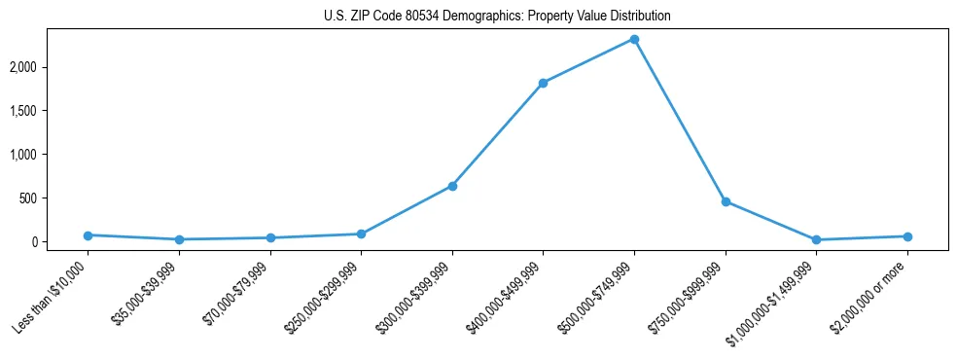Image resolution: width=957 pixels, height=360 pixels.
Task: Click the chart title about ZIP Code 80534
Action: click(x=497, y=17)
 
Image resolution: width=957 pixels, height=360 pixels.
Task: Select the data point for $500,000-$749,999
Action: click(x=634, y=39)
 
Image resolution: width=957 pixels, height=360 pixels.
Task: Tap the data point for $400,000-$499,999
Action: click(x=543, y=83)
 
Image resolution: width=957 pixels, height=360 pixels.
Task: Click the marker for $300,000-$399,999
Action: click(x=452, y=186)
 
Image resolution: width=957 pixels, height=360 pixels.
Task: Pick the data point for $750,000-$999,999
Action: click(x=726, y=201)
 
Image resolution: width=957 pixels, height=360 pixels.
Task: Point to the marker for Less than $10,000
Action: click(x=88, y=235)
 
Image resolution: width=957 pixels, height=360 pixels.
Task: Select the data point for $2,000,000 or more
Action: click(x=907, y=236)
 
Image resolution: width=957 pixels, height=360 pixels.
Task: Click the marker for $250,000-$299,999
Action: click(x=361, y=234)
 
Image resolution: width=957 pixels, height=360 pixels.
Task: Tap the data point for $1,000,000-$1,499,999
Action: click(x=816, y=239)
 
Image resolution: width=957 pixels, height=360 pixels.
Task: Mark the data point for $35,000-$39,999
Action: click(x=179, y=239)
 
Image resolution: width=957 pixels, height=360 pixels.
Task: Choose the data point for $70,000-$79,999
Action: click(x=270, y=237)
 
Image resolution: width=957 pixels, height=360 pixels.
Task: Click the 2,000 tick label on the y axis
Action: click(x=50, y=67)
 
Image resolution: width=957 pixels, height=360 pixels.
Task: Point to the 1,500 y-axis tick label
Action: click(x=50, y=111)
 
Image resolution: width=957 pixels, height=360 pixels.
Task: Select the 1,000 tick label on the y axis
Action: click(x=50, y=155)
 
